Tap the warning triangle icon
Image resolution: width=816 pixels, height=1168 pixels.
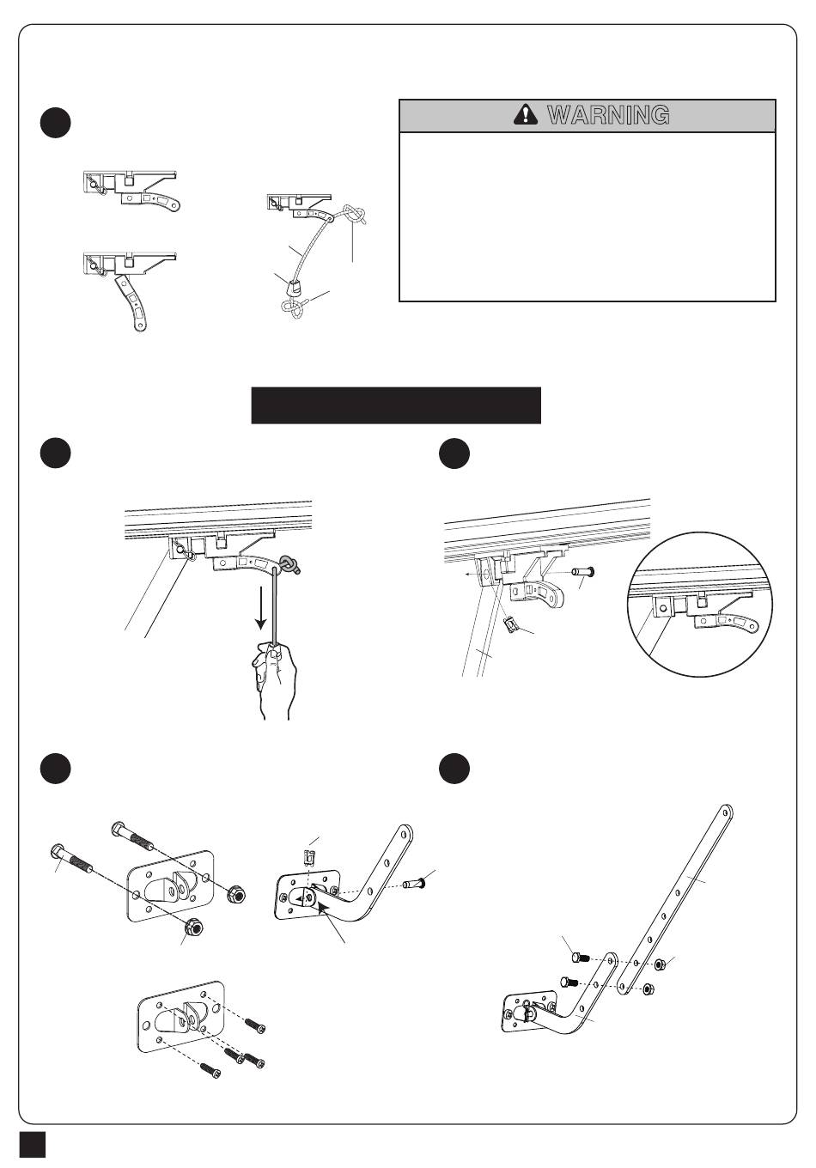coord(524,115)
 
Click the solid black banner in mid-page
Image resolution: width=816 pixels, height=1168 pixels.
coord(396,405)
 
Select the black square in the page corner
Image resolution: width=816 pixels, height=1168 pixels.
coord(33,1146)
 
